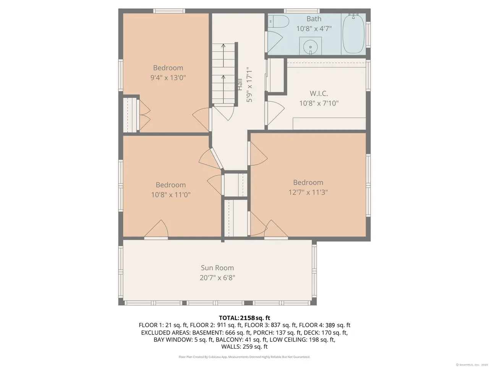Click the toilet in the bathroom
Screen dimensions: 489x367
click(278, 21)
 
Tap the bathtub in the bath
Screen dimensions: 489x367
click(353, 34)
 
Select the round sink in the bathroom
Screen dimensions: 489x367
click(310, 46)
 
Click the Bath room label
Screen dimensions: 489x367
click(314, 19)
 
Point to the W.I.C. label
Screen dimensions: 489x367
click(319, 93)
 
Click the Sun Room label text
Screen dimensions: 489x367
click(217, 268)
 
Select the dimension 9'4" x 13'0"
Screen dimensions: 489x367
click(168, 78)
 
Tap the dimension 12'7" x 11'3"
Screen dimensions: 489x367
click(308, 192)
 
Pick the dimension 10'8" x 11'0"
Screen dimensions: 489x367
click(171, 195)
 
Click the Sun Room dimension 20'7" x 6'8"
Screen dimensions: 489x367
click(217, 278)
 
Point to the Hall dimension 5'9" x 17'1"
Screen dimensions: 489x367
click(249, 84)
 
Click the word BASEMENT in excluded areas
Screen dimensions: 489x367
click(207, 333)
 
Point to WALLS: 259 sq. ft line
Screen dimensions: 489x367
click(244, 346)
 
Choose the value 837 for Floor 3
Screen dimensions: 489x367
click(275, 325)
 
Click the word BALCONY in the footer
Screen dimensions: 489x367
click(230, 339)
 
